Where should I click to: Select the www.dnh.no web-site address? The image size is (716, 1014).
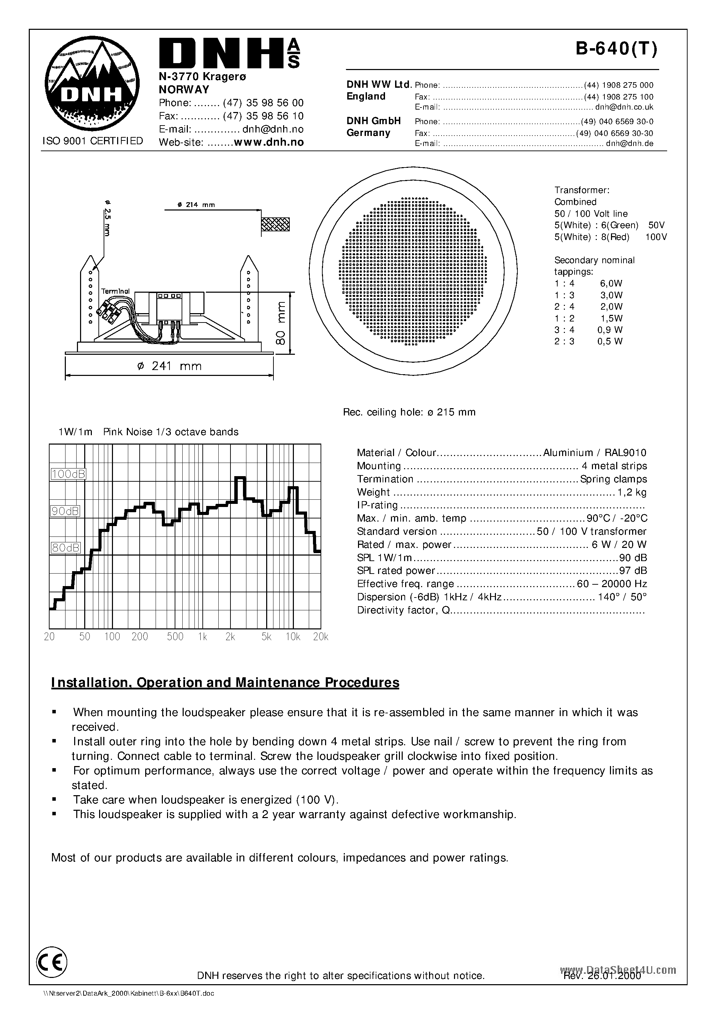pyautogui.click(x=269, y=142)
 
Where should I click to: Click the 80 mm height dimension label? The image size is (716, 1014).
pyautogui.click(x=281, y=323)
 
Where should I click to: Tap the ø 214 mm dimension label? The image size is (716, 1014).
pyautogui.click(x=196, y=205)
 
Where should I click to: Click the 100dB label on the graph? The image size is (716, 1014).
pyautogui.click(x=68, y=474)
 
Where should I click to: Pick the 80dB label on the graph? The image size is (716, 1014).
pyautogui.click(x=66, y=548)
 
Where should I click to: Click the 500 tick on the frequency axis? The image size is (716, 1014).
pyautogui.click(x=175, y=636)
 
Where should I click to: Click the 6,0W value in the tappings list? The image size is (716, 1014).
pyautogui.click(x=611, y=284)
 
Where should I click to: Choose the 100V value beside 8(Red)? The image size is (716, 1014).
pyautogui.click(x=656, y=237)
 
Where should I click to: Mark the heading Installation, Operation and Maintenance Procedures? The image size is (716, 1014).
pyautogui.click(x=225, y=683)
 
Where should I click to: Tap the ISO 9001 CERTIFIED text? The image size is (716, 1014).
pyautogui.click(x=93, y=141)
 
